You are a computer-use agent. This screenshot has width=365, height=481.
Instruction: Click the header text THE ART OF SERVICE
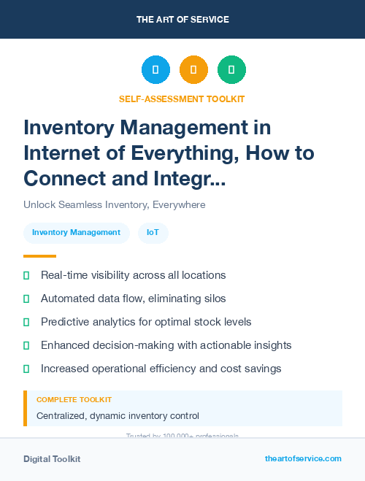pyautogui.click(x=182, y=19)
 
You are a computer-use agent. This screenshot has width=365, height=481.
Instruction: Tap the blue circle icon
pyautogui.click(x=155, y=70)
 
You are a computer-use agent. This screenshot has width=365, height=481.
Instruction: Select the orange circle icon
pyautogui.click(x=193, y=70)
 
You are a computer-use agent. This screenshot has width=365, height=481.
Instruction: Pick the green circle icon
pyautogui.click(x=231, y=70)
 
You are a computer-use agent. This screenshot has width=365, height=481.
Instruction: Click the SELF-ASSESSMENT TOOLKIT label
pyautogui.click(x=182, y=99)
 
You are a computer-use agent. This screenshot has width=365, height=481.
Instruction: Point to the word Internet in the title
pyautogui.click(x=61, y=153)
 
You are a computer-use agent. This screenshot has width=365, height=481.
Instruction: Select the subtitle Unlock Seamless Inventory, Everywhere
pyautogui.click(x=114, y=204)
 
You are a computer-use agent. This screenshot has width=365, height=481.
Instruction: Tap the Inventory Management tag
pyautogui.click(x=76, y=232)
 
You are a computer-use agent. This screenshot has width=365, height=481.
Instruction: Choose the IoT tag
pyautogui.click(x=153, y=232)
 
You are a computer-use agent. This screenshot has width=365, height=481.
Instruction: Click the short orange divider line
pyautogui.click(x=39, y=256)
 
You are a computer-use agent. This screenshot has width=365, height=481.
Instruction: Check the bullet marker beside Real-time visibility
pyautogui.click(x=26, y=275)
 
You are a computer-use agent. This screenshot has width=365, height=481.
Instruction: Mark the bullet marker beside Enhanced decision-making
pyautogui.click(x=26, y=345)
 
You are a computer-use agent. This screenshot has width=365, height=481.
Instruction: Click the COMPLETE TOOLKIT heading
pyautogui.click(x=74, y=400)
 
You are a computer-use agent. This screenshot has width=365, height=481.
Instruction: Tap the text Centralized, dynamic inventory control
pyautogui.click(x=118, y=416)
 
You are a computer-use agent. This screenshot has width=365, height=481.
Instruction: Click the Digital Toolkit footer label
pyautogui.click(x=52, y=458)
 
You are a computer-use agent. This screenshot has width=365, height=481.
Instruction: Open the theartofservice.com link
pyautogui.click(x=303, y=458)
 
